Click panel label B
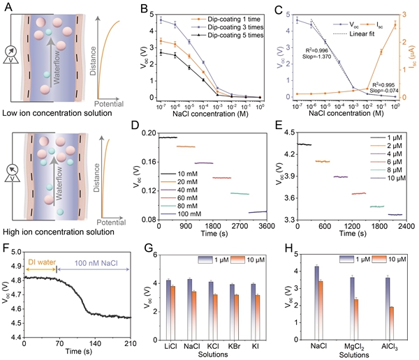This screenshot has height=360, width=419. pos(145,9)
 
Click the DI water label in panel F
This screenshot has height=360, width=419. pos(41,262)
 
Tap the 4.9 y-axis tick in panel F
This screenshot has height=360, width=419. pos(15,262)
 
